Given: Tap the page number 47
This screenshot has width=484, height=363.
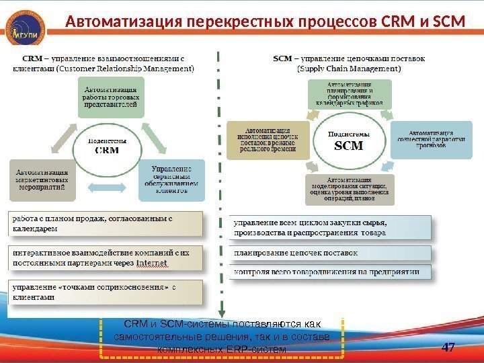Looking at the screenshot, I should pos(448,348).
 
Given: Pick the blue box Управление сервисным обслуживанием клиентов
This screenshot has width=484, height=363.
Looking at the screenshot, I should pos(172,179).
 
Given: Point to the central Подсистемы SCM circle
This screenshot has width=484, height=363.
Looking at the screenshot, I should pos(348,140).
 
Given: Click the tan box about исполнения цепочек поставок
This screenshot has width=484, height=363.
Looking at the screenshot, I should pos(268,140).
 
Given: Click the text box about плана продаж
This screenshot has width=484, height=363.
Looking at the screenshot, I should pos(104,223).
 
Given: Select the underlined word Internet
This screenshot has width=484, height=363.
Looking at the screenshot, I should pos(152,263).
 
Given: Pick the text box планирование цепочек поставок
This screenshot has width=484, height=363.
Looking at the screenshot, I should pos(329,253).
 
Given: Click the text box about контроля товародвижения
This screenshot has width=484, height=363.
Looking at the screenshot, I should pos(329,272).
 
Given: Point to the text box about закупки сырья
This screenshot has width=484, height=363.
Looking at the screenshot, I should pos(329,227).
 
